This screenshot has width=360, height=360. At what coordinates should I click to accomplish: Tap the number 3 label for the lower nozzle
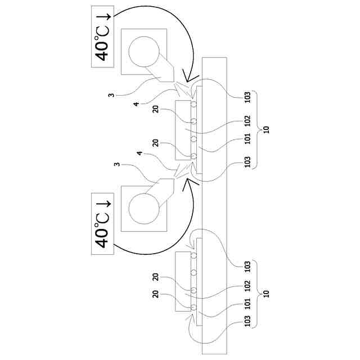(x=117, y=164)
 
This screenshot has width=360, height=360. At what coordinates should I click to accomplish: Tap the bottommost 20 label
(x=155, y=294)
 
